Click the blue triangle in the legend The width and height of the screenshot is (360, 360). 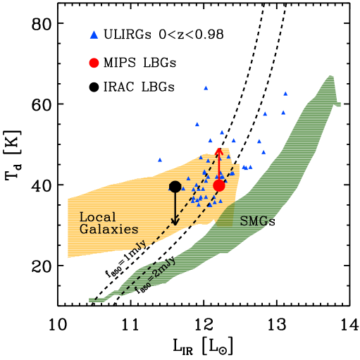(x=94, y=35)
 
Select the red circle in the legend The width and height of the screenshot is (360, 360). (x=94, y=63)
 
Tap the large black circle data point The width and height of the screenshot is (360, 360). (x=175, y=187)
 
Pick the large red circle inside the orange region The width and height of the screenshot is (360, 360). (x=219, y=185)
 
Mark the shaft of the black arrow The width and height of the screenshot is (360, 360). (x=175, y=206)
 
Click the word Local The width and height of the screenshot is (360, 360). (x=97, y=217)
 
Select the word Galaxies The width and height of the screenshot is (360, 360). (x=108, y=230)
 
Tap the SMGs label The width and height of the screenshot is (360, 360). (x=255, y=222)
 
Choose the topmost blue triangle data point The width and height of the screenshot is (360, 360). (x=206, y=88)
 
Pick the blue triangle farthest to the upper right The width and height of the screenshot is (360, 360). (x=285, y=93)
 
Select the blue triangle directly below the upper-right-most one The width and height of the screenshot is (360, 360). (x=283, y=112)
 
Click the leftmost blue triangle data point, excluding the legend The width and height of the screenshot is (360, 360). (x=160, y=159)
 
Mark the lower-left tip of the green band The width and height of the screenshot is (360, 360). (x=92, y=300)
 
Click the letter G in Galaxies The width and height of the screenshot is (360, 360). (x=84, y=230)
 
